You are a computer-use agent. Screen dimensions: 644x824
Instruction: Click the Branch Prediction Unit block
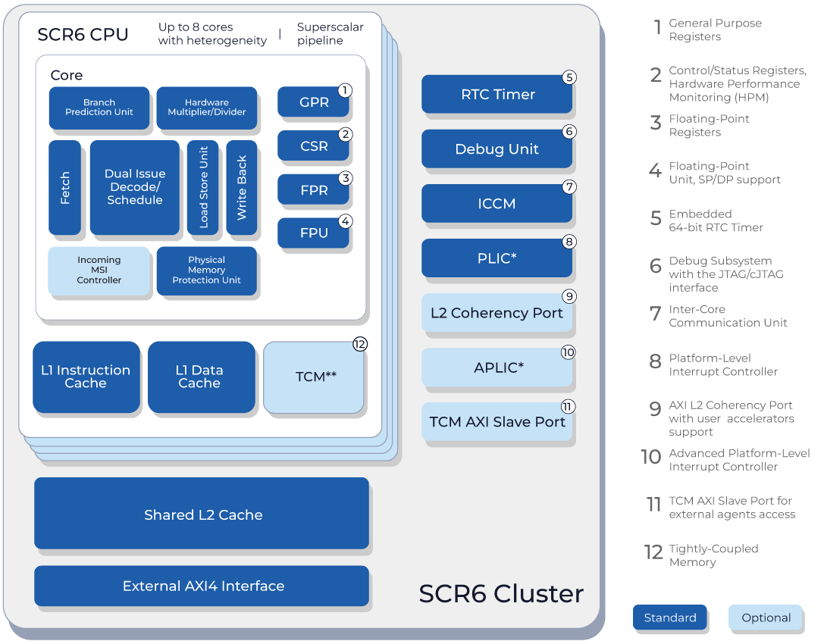(x=99, y=108)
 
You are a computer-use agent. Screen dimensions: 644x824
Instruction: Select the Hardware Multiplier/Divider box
(x=206, y=108)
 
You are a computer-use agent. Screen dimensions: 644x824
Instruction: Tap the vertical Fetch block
(x=64, y=187)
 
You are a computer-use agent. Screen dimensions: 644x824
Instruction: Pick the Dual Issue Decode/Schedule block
(x=135, y=187)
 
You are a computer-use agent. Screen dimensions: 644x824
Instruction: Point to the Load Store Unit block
(x=203, y=187)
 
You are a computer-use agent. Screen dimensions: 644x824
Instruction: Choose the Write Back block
(x=242, y=187)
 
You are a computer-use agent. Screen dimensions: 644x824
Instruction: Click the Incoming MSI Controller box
(x=99, y=270)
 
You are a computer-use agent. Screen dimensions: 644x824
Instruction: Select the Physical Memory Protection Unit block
(x=206, y=270)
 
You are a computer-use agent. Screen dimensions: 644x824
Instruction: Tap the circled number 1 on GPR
(x=345, y=90)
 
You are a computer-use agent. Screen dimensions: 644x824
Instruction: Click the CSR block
(x=313, y=145)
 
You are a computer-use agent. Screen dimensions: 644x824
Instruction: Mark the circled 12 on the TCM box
(x=360, y=344)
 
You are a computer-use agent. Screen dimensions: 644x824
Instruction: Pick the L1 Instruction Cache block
(x=86, y=377)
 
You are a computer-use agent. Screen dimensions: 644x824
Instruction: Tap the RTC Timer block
(x=497, y=95)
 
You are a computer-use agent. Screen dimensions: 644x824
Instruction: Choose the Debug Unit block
(x=497, y=149)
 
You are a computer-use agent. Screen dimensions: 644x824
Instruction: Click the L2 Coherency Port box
(x=497, y=313)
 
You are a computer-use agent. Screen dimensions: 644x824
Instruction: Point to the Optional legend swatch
(x=766, y=617)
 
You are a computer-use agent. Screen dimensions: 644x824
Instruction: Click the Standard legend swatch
(x=670, y=617)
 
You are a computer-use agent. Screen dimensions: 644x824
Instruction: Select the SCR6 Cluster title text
(x=501, y=594)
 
